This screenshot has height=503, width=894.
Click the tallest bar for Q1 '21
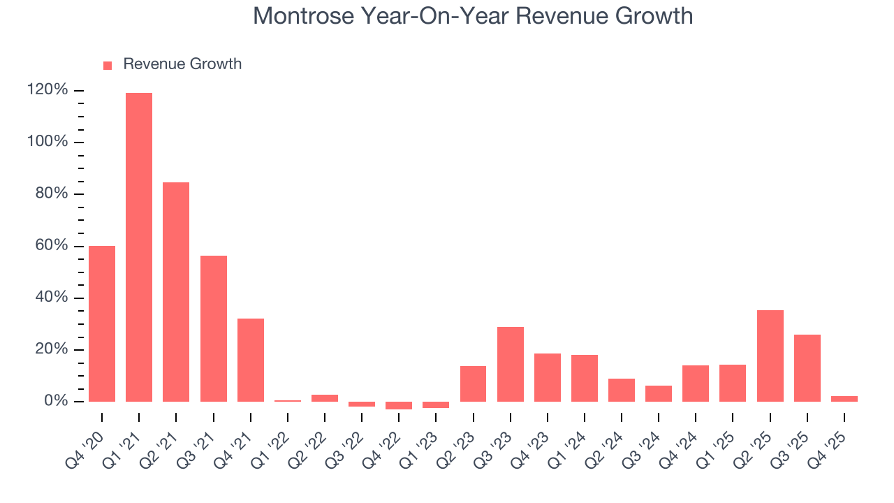tap(139, 247)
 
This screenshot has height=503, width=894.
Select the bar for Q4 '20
tap(102, 323)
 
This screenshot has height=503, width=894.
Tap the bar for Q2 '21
tap(176, 292)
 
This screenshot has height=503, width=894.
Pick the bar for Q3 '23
tap(511, 364)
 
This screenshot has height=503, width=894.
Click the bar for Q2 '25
tap(770, 356)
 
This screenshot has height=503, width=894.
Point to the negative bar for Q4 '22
tap(399, 406)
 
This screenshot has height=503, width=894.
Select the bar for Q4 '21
tap(251, 360)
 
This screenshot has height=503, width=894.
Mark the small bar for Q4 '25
tap(844, 399)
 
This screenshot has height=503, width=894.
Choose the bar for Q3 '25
tap(807, 368)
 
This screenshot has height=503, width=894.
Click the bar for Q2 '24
tap(622, 390)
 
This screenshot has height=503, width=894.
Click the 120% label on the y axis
tap(47, 90)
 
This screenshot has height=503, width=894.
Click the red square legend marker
tap(108, 65)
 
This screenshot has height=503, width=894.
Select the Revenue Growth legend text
tap(182, 64)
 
